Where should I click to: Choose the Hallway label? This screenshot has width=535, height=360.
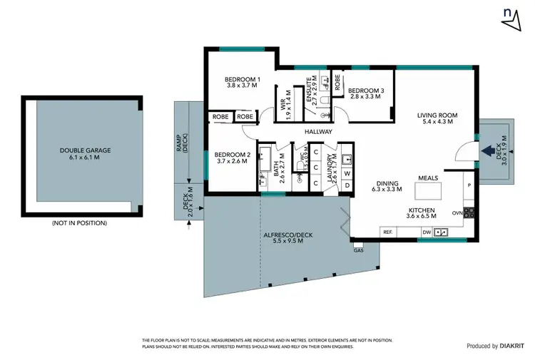coord(318,132)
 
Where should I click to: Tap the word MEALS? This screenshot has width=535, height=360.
coord(428,179)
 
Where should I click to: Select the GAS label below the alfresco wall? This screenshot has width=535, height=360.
coord(357,250)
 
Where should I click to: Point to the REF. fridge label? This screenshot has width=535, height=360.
coord(388,232)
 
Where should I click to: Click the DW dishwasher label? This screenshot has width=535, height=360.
coord(427,232)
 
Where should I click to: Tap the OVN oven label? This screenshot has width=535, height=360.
coord(457,212)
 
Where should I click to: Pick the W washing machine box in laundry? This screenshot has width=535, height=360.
coord(347,173)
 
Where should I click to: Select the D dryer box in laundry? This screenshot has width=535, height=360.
coord(347,185)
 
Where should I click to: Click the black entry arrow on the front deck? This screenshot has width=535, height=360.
coord(489,150)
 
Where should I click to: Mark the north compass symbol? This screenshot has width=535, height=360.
coord(511,19)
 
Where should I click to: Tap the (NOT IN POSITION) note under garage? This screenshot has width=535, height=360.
coord(79,223)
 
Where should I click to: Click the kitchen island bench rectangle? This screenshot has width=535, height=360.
coord(430,191)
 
